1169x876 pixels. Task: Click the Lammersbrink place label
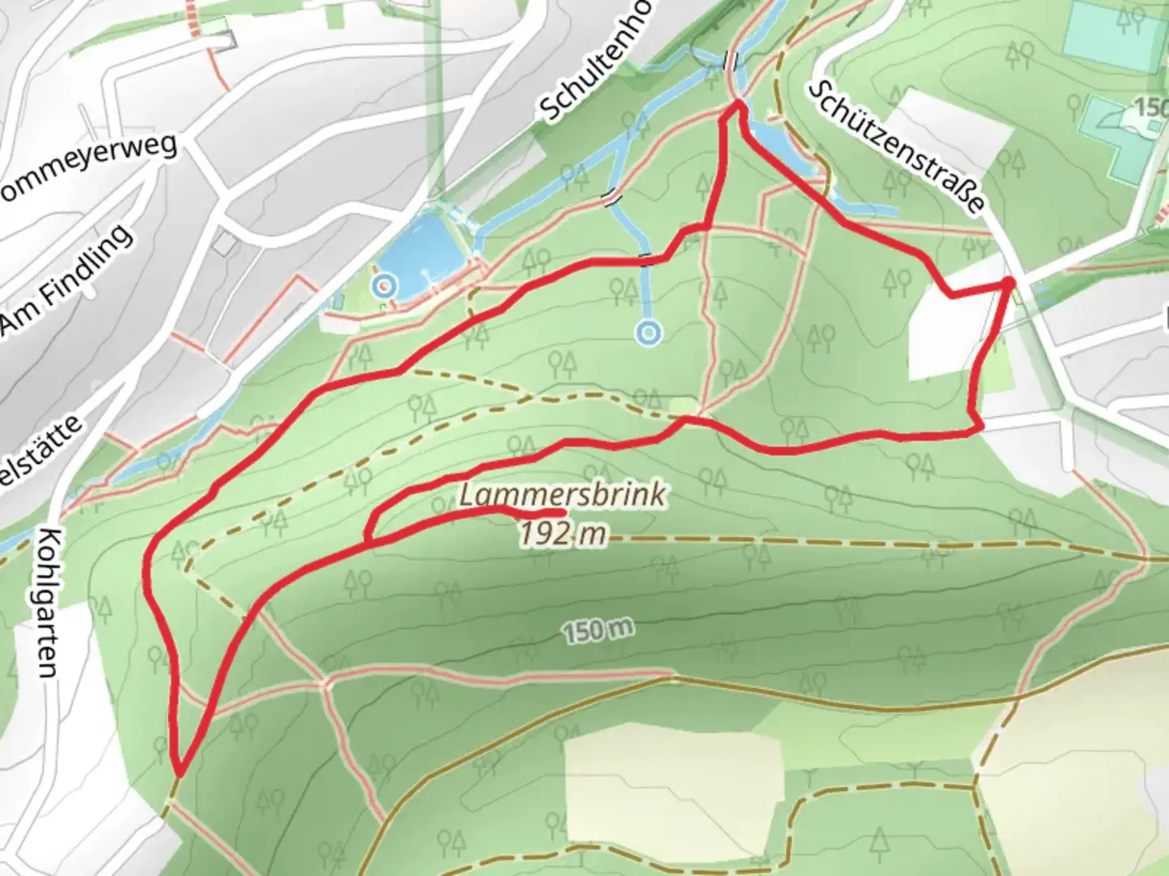point(563,495)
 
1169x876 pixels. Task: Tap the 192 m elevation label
point(563,533)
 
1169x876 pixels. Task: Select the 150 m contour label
point(596,630)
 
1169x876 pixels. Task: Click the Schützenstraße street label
point(897,147)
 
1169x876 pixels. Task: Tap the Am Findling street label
point(65,281)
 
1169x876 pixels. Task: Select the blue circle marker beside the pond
point(383,286)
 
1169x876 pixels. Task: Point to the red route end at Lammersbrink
point(563,513)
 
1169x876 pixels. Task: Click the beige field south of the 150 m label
point(672,779)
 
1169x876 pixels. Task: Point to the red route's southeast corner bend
point(979,427)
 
